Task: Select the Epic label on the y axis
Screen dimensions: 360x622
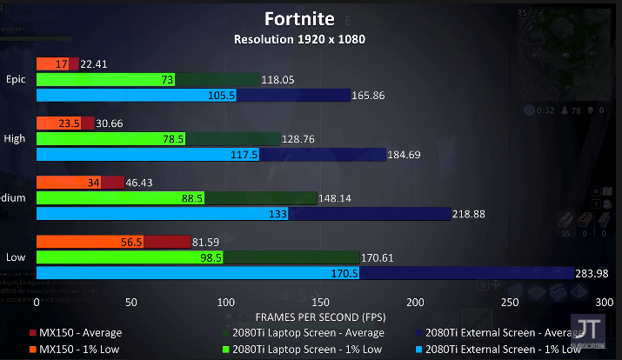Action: tap(16, 79)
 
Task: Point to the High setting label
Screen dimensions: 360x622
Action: tap(15, 138)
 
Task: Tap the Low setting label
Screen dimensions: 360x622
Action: tap(15, 257)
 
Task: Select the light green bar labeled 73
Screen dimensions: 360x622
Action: tap(104, 80)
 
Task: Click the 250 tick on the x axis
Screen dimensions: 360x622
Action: tap(511, 302)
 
